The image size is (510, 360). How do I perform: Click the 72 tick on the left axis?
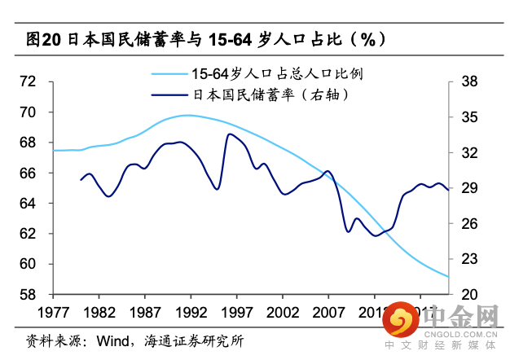28,81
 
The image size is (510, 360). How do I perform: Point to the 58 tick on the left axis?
28,294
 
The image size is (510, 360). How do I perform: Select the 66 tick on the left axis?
28,173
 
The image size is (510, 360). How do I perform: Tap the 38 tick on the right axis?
468,81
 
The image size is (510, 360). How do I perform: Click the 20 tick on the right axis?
468,294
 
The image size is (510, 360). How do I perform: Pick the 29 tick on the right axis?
468,188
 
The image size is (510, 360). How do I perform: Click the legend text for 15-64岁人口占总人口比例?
262,73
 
